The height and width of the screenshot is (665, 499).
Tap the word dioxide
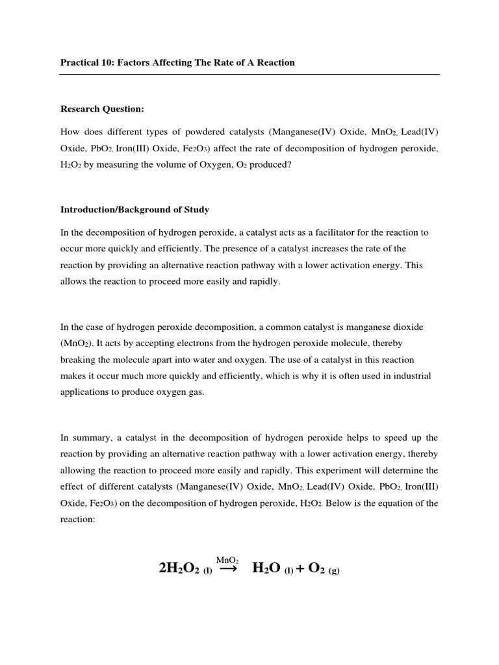click(x=407, y=327)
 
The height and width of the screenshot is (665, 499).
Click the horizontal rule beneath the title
click(x=249, y=74)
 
